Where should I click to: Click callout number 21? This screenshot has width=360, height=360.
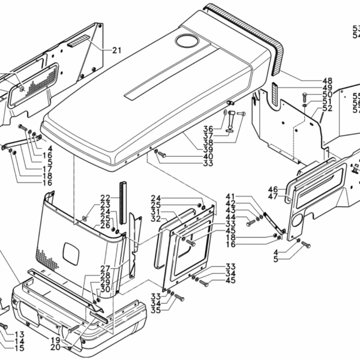[x=116, y=50]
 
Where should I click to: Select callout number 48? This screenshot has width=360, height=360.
[x=327, y=81]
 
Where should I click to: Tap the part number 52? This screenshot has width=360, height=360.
[x=327, y=109]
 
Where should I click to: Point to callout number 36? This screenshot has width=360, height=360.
[x=208, y=128]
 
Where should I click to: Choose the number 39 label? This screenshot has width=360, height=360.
[x=208, y=149]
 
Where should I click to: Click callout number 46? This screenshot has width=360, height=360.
[x=273, y=189]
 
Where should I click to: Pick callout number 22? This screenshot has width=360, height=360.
[x=105, y=198]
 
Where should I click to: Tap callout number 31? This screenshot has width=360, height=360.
[x=155, y=212]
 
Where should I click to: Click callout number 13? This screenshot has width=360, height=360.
[x=19, y=334]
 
